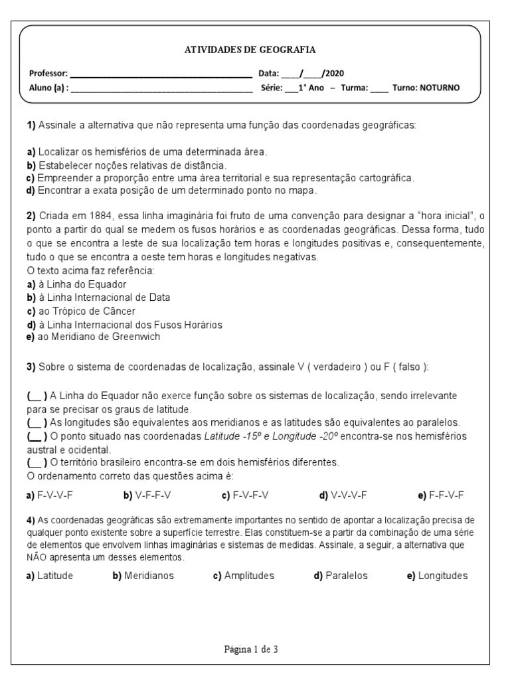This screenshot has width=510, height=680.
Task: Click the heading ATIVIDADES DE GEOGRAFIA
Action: tap(250, 50)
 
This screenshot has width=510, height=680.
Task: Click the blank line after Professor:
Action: tap(161, 74)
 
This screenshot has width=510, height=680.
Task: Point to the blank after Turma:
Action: tap(379, 88)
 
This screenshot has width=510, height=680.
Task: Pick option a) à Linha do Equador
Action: tap(76, 284)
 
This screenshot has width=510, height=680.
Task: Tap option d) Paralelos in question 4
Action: tap(340, 576)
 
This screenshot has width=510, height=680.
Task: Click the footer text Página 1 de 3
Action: tap(250, 649)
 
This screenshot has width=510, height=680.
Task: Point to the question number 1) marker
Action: tap(31, 125)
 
